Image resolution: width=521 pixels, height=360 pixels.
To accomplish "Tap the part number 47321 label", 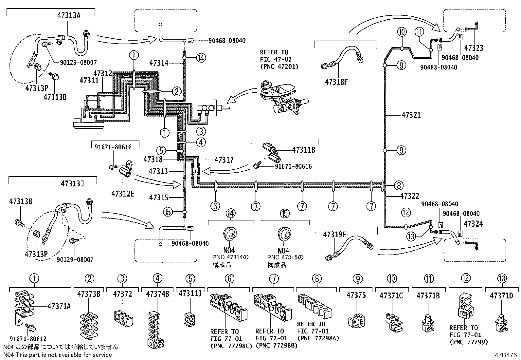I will pyautogui.click(x=411, y=115).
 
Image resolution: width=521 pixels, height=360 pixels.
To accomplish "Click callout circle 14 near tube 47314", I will pyautogui.click(x=201, y=58).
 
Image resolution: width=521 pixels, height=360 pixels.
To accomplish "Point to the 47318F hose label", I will pyautogui.click(x=336, y=82).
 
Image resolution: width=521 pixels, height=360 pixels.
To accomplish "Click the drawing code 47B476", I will pyautogui.click(x=505, y=354).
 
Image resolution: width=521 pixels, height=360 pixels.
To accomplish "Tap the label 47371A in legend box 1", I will pyautogui.click(x=59, y=306).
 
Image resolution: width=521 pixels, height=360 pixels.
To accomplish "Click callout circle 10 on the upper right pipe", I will pyautogui.click(x=402, y=32).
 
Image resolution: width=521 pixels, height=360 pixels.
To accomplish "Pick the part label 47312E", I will pyautogui.click(x=122, y=194).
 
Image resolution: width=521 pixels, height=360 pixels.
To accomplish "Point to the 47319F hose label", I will pyautogui.click(x=334, y=235).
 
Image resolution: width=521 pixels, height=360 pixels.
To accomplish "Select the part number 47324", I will pyautogui.click(x=473, y=224).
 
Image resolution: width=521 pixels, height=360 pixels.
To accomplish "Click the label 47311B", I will pyautogui.click(x=303, y=150).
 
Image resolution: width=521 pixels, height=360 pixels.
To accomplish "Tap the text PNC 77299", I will pyautogui.click(x=469, y=342).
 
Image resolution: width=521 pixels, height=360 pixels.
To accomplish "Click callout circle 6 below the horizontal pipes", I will pyautogui.click(x=215, y=206).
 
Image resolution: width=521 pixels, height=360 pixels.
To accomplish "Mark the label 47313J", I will pyautogui.click(x=72, y=184).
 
